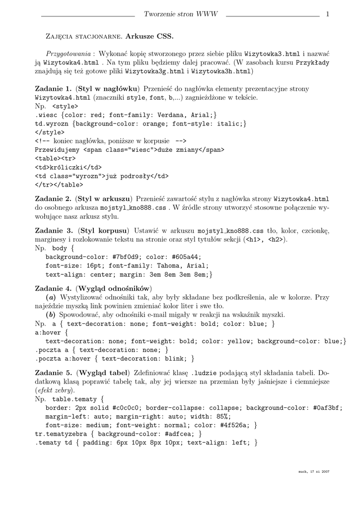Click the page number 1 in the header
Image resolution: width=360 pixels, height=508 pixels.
328,14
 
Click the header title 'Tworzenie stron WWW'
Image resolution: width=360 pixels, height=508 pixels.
180,14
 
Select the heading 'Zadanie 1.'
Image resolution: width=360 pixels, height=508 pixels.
54,88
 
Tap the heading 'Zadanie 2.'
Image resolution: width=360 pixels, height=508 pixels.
54,198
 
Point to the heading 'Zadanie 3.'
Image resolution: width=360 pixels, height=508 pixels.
54,231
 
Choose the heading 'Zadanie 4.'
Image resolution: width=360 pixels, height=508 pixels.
54,288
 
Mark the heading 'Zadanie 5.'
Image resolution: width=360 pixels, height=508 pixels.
54,373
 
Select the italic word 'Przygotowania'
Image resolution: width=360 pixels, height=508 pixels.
68,53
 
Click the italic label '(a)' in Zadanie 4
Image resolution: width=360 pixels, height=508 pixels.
50,297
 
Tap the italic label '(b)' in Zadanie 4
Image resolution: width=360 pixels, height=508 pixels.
50,315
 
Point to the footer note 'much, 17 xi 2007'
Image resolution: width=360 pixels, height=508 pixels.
314,471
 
